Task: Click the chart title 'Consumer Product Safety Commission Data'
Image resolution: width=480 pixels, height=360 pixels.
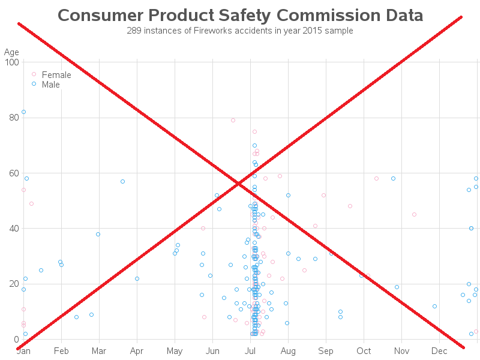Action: point(240,16)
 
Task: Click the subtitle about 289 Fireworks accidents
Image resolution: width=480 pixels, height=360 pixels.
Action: point(240,31)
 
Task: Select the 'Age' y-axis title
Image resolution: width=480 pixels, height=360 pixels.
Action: point(12,53)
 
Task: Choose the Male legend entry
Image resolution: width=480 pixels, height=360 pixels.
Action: point(50,85)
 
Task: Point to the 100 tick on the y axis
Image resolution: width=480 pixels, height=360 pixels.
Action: point(11,62)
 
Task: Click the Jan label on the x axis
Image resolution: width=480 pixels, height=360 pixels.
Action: point(23,350)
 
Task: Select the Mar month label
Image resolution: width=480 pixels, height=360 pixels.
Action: point(99,350)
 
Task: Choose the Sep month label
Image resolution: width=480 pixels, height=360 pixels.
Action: point(326,350)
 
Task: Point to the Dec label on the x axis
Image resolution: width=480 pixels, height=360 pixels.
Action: point(439,350)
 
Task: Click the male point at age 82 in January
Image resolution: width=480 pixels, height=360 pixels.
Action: point(23,112)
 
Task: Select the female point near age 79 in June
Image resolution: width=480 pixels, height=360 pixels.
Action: point(233,120)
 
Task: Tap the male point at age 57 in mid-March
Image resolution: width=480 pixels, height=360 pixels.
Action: point(122,181)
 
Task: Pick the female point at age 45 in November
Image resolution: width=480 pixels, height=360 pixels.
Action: point(414,214)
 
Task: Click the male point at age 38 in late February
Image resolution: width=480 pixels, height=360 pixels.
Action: point(98,234)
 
